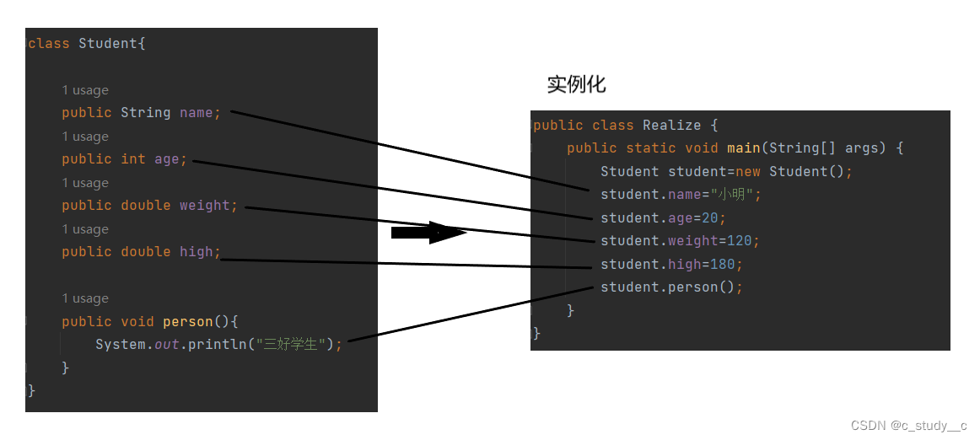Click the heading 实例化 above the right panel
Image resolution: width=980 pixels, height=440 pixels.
(576, 84)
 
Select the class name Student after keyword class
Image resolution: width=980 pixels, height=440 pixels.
(108, 43)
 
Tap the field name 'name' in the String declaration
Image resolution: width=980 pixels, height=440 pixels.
(197, 113)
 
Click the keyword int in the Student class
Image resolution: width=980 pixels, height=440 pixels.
(133, 159)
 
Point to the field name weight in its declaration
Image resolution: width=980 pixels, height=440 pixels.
(205, 206)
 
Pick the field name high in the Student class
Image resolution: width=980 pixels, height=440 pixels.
(197, 252)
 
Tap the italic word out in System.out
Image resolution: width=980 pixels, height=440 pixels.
(166, 345)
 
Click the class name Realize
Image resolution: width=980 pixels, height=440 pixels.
(672, 126)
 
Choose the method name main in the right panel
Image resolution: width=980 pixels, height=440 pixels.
(744, 148)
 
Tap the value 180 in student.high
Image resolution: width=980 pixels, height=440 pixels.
(723, 265)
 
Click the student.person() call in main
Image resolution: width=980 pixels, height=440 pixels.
(671, 287)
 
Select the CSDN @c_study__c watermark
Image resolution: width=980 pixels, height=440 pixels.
(909, 425)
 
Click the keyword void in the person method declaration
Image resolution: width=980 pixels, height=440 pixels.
(137, 322)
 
